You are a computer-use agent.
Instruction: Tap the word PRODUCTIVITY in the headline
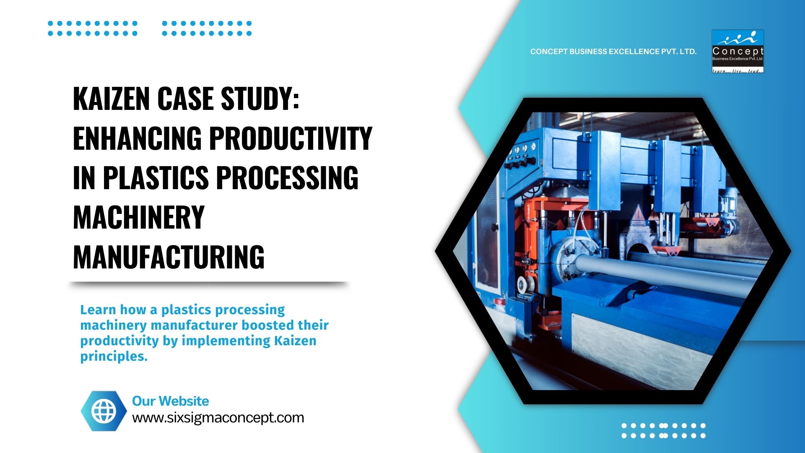click(291, 138)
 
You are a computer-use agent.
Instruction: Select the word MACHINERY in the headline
click(139, 217)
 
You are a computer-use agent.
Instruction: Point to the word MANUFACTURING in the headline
click(169, 257)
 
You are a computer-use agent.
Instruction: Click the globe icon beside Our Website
click(104, 411)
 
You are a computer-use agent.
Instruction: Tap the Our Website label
click(170, 401)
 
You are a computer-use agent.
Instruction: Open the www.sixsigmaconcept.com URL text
click(218, 418)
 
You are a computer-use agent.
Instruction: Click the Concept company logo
click(737, 51)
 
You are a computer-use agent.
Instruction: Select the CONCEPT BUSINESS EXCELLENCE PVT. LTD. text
click(613, 52)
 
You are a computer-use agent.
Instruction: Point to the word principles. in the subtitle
click(114, 356)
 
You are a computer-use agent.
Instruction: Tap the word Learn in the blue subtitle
click(98, 310)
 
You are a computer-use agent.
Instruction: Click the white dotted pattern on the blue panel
click(663, 430)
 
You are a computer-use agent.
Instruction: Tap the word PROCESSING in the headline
click(287, 178)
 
